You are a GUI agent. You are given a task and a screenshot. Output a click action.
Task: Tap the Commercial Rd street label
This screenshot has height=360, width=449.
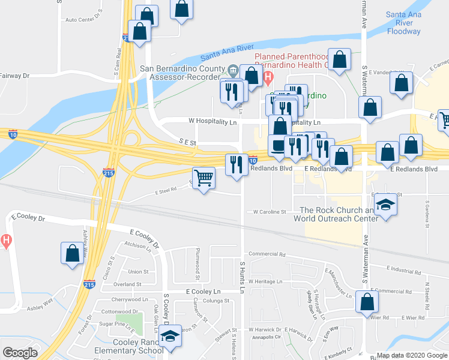point(267,254)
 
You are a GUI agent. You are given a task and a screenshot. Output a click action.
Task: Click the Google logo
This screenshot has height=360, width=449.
point(20,353)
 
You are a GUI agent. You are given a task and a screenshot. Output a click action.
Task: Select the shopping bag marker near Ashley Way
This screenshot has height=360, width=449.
point(72,253)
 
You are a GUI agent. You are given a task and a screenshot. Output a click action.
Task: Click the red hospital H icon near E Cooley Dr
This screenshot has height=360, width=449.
point(6,242)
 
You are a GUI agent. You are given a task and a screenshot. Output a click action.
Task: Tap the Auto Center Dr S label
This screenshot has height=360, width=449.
point(84,19)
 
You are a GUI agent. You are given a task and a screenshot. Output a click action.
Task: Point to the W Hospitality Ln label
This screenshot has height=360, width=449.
point(213,121)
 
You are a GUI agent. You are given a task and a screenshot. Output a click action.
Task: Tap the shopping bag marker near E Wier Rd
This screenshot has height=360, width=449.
point(366,303)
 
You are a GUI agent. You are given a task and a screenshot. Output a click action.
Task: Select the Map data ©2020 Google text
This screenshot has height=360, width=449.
point(412,355)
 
